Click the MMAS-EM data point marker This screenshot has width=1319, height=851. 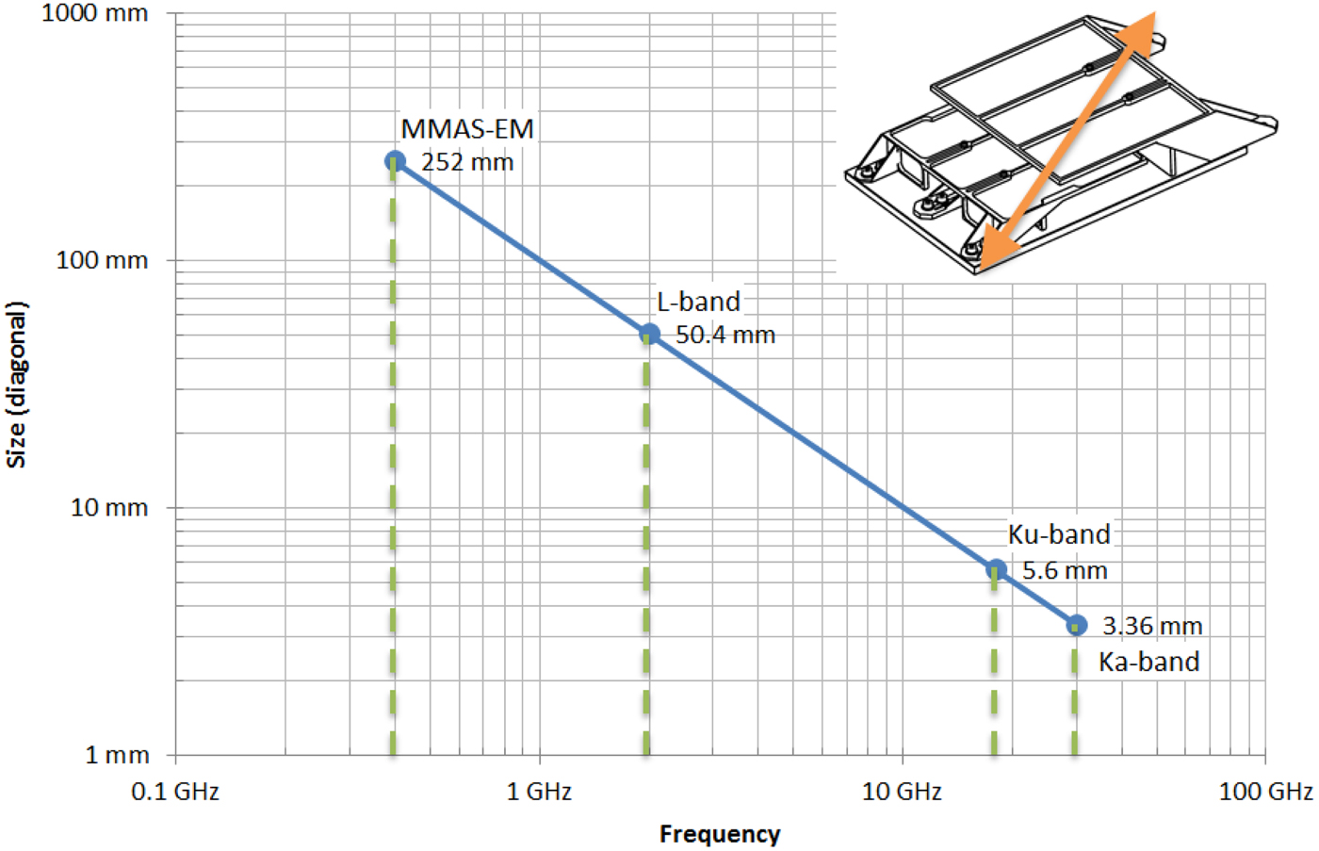pos(395,161)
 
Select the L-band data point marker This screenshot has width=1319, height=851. pos(649,334)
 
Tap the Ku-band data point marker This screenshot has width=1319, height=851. pos(996,569)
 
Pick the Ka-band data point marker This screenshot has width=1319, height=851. pos(1077,625)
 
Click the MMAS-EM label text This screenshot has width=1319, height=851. pos(467,129)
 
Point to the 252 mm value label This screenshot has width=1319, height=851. pos(467,162)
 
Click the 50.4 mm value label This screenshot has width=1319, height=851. pos(725,335)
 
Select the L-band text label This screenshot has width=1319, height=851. pos(698,302)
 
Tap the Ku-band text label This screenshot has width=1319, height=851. pos(1059,534)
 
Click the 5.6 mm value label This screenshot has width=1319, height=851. pos(1065,570)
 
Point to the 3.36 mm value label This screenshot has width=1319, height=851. pos(1152,626)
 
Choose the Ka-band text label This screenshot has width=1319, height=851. pos(1149,662)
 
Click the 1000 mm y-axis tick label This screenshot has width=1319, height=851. pos(95,13)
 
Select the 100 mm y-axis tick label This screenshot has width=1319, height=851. pos(102,260)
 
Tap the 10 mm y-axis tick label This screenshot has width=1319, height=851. pos(109,507)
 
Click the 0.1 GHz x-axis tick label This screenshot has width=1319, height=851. pos(175,792)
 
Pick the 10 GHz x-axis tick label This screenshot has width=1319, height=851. pos(902,792)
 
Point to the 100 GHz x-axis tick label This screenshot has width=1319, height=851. pos(1265,792)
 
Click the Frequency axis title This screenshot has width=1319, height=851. pos(720,834)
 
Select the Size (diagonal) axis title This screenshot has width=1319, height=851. pos(17,385)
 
